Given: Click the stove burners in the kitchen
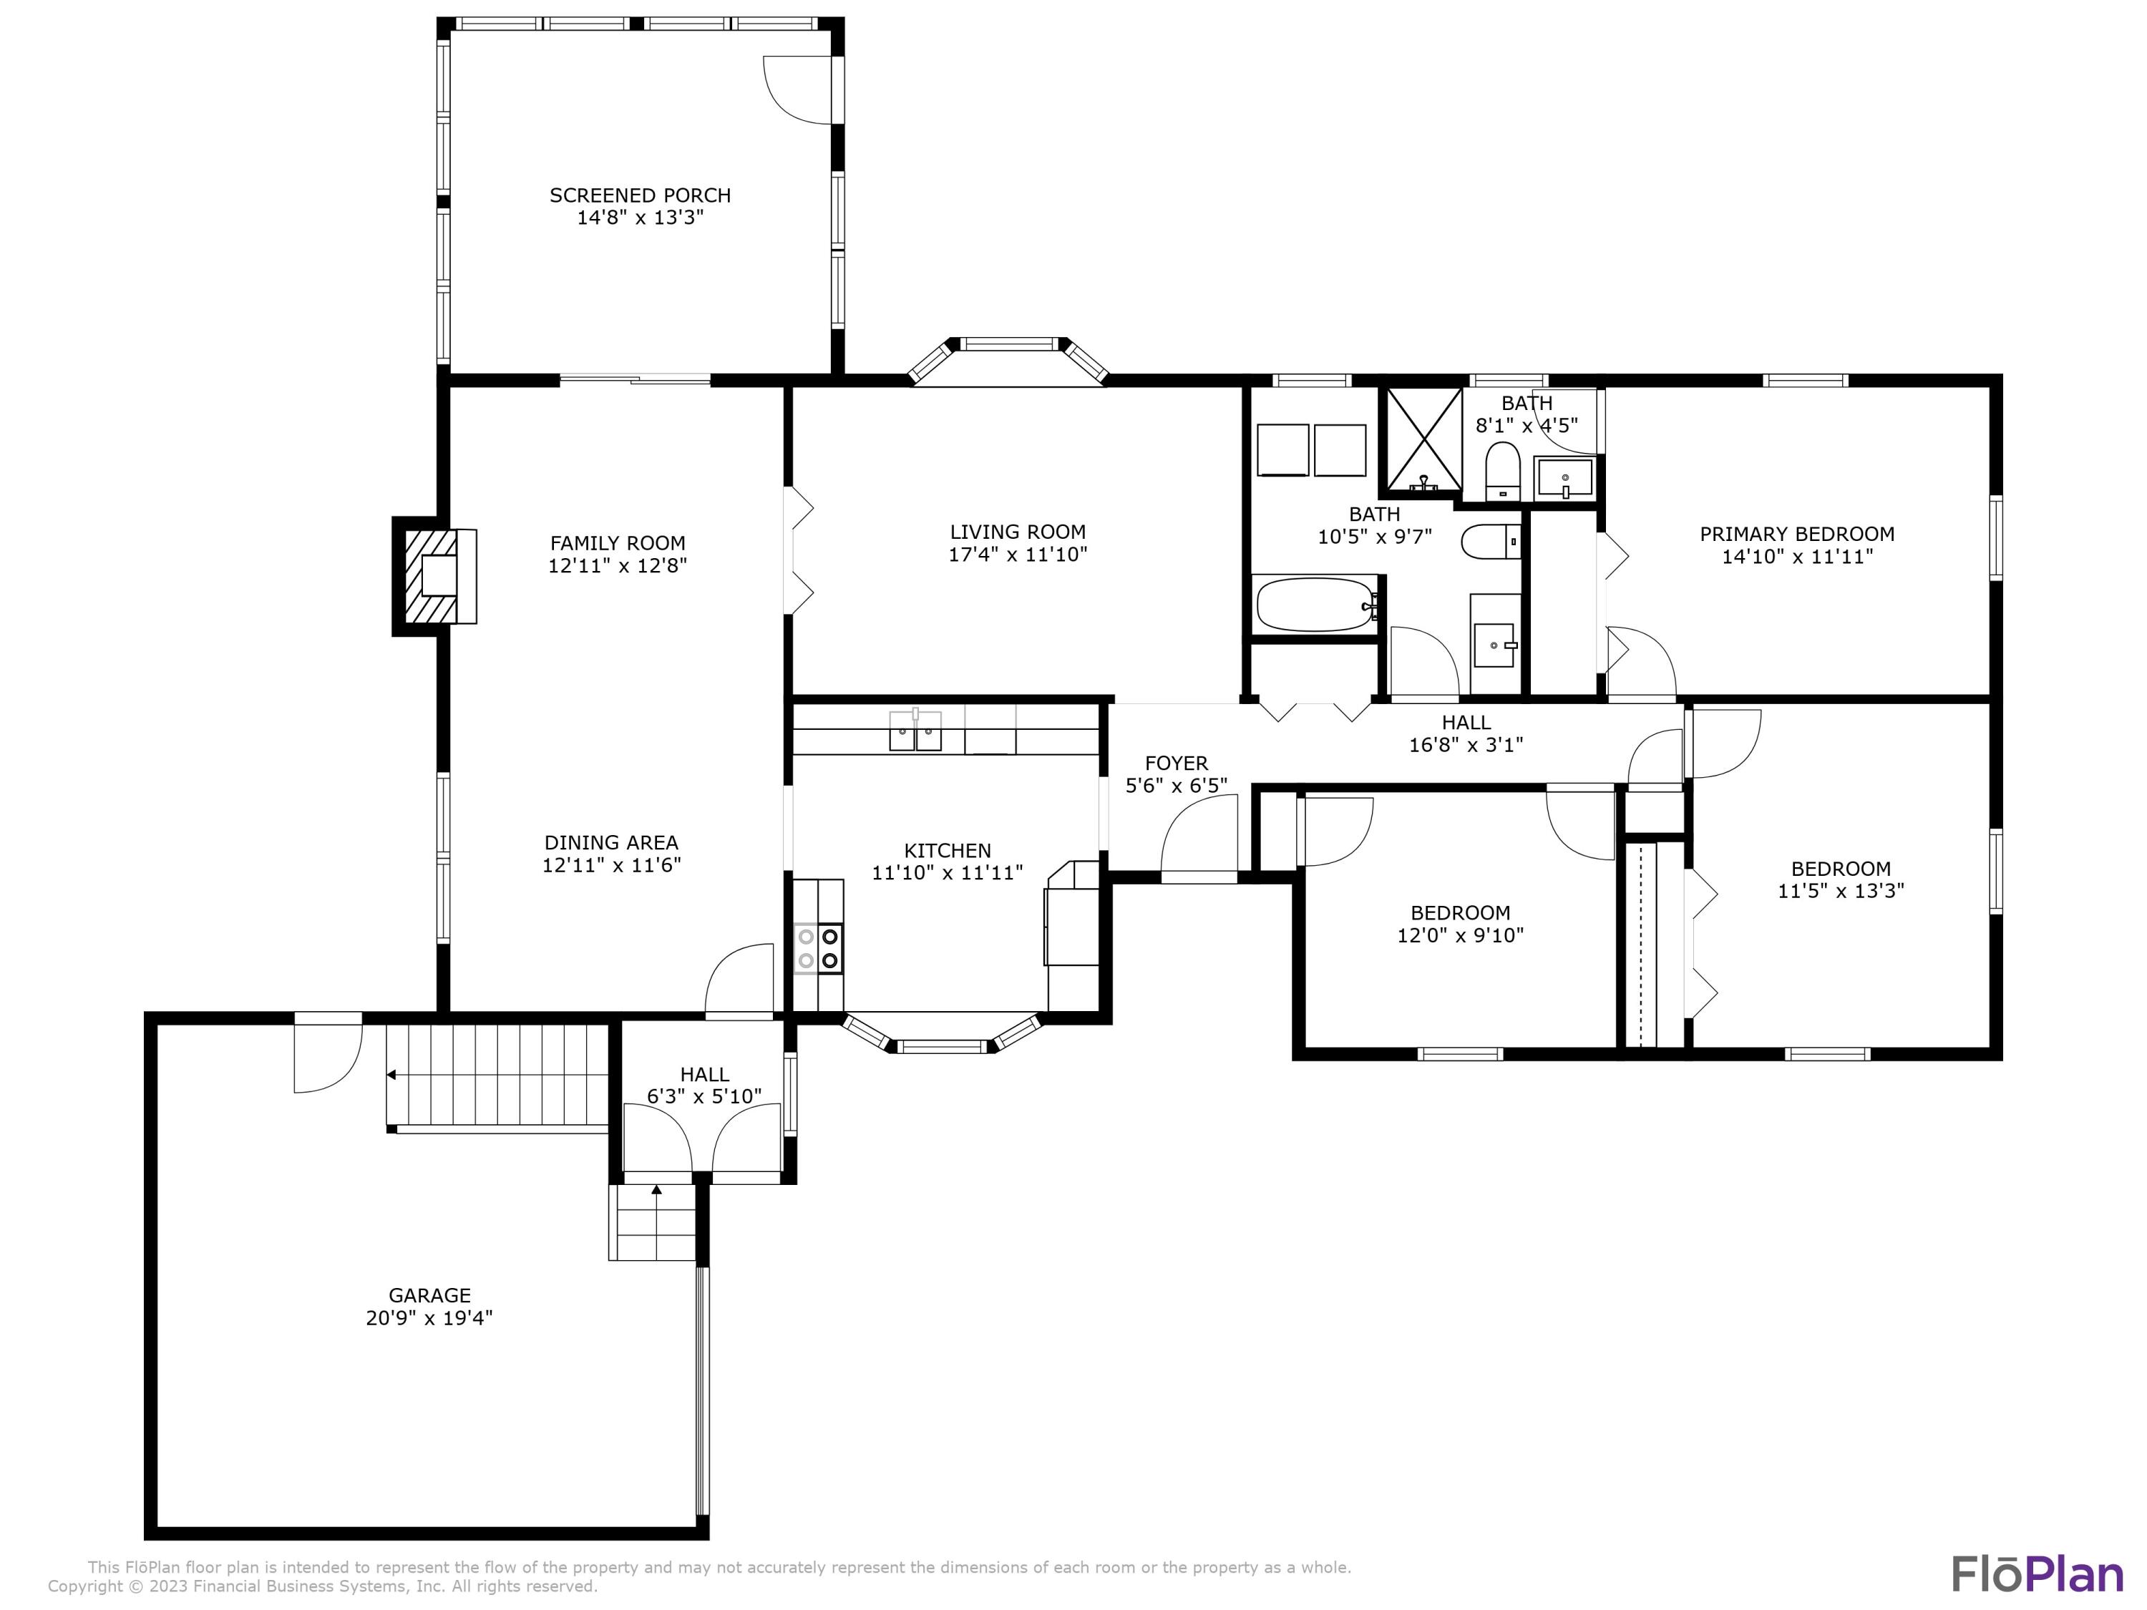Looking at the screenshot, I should [x=818, y=948].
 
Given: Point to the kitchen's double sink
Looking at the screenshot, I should [x=915, y=731].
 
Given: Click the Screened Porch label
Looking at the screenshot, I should [x=640, y=195].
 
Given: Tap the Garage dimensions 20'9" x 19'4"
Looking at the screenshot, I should [x=429, y=1318].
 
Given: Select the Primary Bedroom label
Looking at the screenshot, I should [x=1796, y=534].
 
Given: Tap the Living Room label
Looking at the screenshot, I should [x=1017, y=532].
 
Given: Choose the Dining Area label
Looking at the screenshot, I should [x=610, y=842].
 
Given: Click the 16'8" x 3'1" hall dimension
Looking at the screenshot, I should [x=1466, y=746].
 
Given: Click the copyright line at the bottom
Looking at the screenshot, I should [x=322, y=1586].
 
